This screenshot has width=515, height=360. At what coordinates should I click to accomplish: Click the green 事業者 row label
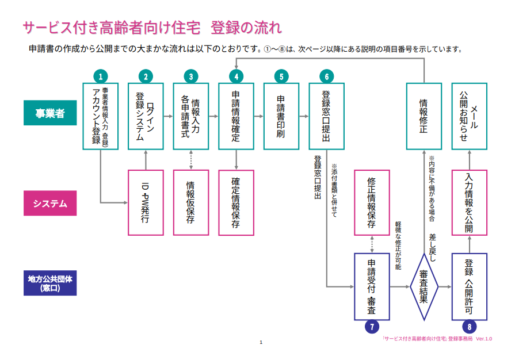click(x=50, y=113)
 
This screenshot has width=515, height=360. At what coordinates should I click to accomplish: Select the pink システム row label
click(x=50, y=203)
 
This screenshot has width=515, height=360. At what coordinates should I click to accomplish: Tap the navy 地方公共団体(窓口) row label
click(x=50, y=283)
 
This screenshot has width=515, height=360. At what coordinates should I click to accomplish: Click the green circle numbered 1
click(x=100, y=76)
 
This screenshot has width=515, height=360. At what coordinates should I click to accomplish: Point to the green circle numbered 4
click(x=236, y=76)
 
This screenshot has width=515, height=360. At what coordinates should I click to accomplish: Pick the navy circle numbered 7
click(x=372, y=326)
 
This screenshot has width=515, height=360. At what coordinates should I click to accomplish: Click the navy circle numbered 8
click(x=470, y=326)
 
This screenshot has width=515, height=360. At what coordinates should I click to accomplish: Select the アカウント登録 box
click(x=100, y=116)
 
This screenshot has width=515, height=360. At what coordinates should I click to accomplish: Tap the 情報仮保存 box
click(x=190, y=202)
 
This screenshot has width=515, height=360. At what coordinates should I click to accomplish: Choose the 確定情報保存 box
click(x=236, y=202)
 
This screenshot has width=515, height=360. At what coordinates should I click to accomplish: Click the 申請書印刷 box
click(x=281, y=116)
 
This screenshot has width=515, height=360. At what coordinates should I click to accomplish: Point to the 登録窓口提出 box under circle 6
click(x=326, y=116)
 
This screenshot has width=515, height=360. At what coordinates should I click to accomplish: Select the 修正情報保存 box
click(x=372, y=202)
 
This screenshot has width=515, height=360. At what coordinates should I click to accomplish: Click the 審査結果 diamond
click(x=424, y=286)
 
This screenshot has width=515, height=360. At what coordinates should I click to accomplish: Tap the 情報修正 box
click(x=424, y=116)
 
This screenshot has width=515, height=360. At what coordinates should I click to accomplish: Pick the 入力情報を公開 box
click(x=470, y=202)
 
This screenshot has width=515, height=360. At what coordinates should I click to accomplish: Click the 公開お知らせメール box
click(x=470, y=116)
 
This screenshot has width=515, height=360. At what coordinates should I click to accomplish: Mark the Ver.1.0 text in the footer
click(x=484, y=339)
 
